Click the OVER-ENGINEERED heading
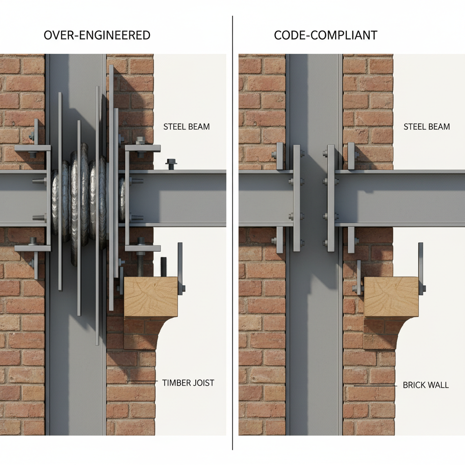tap(97, 35)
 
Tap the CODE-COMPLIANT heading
tap(326, 35)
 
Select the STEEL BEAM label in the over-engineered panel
tap(187, 127)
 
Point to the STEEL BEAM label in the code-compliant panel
tap(426, 127)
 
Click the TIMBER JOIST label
tap(188, 383)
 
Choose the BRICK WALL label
tap(425, 385)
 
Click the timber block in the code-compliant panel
tap(391, 297)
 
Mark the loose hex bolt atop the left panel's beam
tap(171, 163)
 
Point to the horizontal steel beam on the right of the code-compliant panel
tap(400, 198)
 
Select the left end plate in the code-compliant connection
tap(296, 198)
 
